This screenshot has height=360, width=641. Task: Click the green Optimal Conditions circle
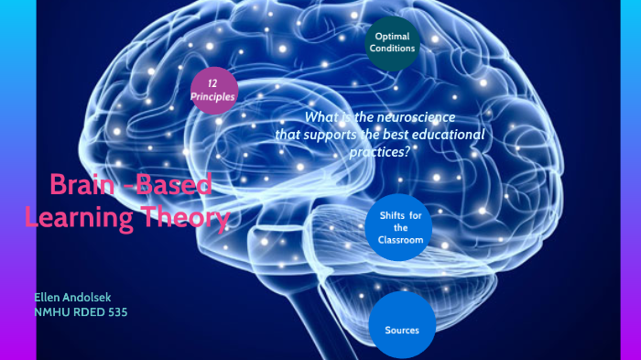pyautogui.click(x=392, y=42)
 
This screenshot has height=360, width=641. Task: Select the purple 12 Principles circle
pyautogui.click(x=213, y=90)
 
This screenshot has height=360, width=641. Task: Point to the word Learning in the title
pyautogui.click(x=81, y=218)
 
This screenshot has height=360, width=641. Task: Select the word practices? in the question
pyautogui.click(x=379, y=152)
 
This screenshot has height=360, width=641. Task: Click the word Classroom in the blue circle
pyautogui.click(x=400, y=240)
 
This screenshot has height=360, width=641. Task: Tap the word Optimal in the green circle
pyautogui.click(x=392, y=36)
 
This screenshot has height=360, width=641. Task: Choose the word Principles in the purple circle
pyautogui.click(x=213, y=96)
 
